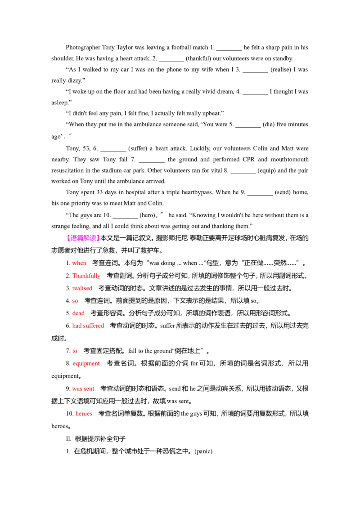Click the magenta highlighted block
[83, 237]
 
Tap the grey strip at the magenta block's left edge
[66, 237]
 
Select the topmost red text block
[79, 263]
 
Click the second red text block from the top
[86, 275]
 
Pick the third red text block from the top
[82, 288]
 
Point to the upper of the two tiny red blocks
[75, 301]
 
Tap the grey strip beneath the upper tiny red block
[75, 305]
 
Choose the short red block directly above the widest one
[79, 313]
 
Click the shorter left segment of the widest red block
[76, 325]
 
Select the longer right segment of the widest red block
[92, 325]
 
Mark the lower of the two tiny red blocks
[75, 352]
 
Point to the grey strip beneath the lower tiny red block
[75, 355]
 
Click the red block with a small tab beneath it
[86, 363]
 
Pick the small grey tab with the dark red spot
[81, 368]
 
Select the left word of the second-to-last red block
[77, 388]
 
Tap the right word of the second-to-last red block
[89, 388]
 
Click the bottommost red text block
[84, 414]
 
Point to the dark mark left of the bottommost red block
[73, 413]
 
